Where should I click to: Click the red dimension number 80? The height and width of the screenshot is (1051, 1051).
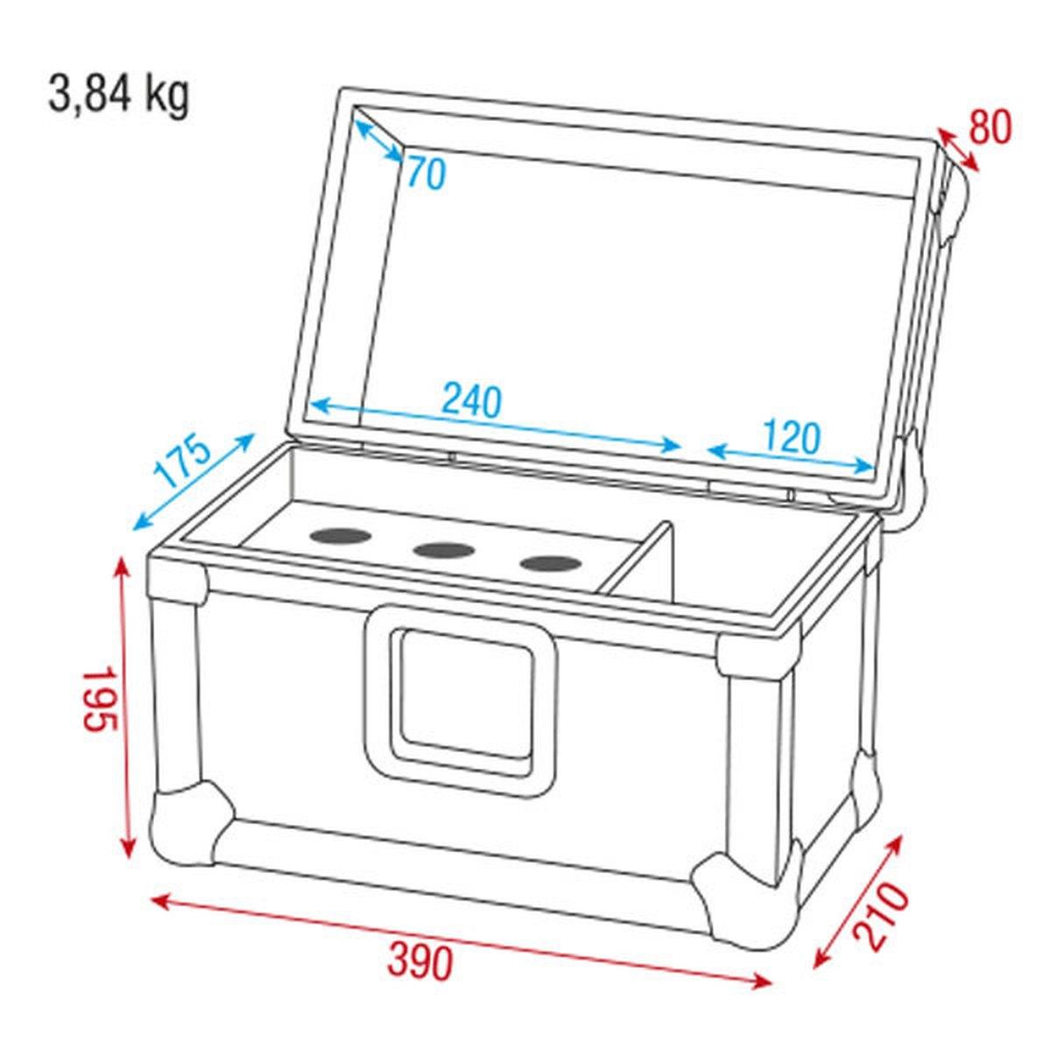(990, 128)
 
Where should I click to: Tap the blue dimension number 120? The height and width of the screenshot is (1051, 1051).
(791, 435)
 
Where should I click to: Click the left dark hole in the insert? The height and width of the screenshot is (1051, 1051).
(338, 536)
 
